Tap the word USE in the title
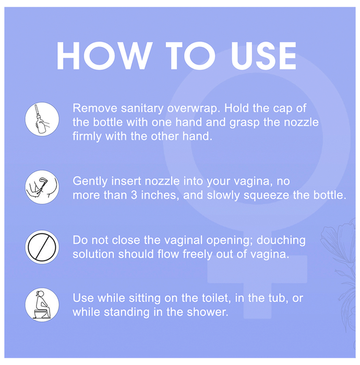coord(263,56)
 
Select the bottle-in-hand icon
coord(42,119)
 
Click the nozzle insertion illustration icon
coord(42,187)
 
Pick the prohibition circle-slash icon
coord(42,247)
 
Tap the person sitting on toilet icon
coord(42,305)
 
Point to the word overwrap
coord(194,108)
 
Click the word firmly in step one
coord(87,137)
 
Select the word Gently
coord(90,181)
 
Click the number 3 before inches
coord(134,196)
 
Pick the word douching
coord(281,240)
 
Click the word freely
coord(197,254)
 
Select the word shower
coord(208,312)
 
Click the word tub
coord(277,298)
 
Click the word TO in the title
coord(190,56)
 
